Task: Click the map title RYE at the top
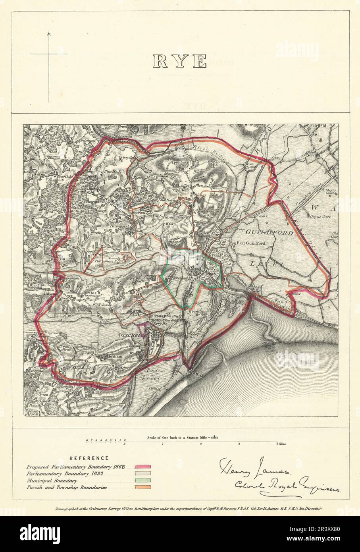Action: click(180, 62)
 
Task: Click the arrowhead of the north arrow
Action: click(49, 35)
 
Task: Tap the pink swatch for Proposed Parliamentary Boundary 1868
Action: click(143, 467)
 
